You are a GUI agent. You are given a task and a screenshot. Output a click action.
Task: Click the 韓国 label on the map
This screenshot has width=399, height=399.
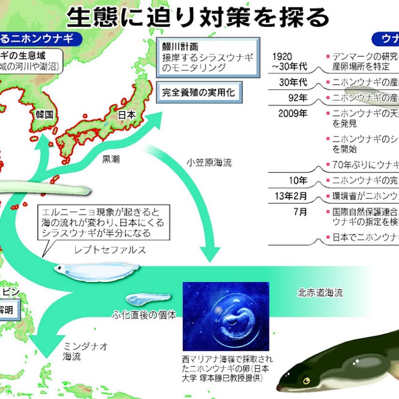(44, 114)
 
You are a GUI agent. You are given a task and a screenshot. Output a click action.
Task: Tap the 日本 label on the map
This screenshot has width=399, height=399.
(126, 115)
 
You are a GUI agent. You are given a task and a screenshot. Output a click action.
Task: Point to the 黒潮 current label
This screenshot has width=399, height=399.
(111, 159)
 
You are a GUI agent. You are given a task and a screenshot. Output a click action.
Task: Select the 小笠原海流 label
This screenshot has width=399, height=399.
(209, 163)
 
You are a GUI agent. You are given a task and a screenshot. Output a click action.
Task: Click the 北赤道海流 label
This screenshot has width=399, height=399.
(320, 292)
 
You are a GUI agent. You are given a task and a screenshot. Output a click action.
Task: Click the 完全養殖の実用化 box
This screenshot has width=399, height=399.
(198, 92)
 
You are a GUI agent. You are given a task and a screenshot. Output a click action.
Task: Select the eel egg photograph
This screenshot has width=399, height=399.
(225, 316)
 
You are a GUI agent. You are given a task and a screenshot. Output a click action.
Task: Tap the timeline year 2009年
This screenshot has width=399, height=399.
(293, 113)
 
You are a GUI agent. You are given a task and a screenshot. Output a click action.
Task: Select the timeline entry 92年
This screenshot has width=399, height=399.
(298, 97)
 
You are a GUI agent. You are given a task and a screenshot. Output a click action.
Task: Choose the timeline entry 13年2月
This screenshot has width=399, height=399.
(291, 196)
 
